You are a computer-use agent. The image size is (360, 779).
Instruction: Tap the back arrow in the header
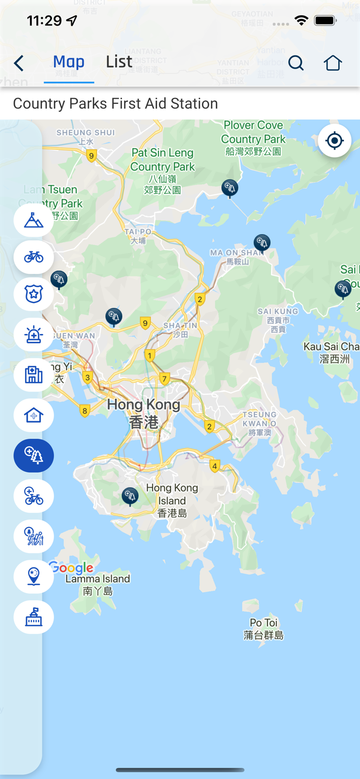point(19,63)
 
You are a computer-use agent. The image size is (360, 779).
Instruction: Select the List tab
point(119,62)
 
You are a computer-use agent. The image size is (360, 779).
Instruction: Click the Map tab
point(69,62)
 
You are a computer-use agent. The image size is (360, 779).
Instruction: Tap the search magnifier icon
point(296,63)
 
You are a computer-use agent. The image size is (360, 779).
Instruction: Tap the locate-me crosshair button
point(335,140)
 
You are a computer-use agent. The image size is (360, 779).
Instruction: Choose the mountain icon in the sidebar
point(34,220)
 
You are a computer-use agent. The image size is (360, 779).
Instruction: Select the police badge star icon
point(34,294)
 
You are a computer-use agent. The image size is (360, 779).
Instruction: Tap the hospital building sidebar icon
point(34,375)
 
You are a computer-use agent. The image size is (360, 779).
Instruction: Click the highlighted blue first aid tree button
point(34,455)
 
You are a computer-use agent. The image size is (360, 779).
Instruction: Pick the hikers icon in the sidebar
point(34,536)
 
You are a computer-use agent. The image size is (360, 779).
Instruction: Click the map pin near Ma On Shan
point(262,242)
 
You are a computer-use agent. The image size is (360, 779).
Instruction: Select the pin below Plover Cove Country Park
point(230,187)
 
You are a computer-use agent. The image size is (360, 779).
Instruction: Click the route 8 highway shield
point(85,411)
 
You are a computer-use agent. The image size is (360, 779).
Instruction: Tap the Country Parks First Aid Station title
point(115,103)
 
